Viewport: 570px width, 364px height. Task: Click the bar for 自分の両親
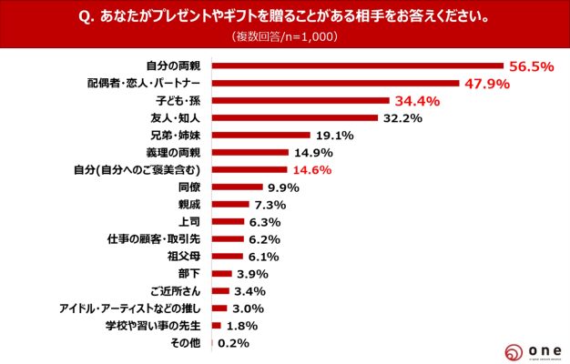pyautogui.click(x=357, y=66)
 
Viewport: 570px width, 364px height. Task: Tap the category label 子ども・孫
pyautogui.click(x=179, y=100)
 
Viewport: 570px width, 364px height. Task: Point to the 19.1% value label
pyautogui.click(x=333, y=135)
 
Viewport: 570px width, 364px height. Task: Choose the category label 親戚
pyautogui.click(x=188, y=204)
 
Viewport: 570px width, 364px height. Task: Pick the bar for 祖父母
pyautogui.click(x=226, y=256)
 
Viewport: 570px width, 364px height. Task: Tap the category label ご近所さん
pyautogui.click(x=178, y=291)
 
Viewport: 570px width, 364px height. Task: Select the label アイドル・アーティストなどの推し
pyautogui.click(x=128, y=308)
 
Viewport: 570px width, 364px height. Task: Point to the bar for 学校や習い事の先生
pyautogui.click(x=216, y=326)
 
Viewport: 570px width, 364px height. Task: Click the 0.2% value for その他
pyautogui.click(x=233, y=343)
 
